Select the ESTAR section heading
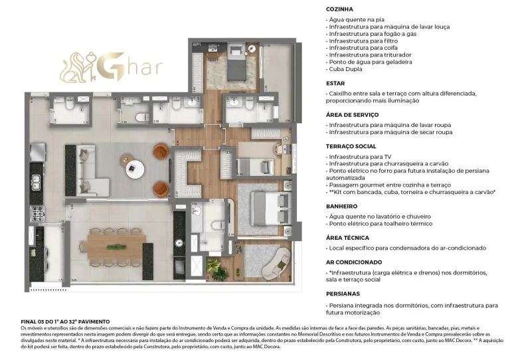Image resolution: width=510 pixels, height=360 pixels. pyautogui.click(x=335, y=84)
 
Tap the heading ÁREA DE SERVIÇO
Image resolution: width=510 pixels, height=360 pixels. pyautogui.click(x=352, y=115)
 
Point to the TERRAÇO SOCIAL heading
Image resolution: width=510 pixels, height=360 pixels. pyautogui.click(x=351, y=146)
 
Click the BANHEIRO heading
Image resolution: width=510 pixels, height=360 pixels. pyautogui.click(x=341, y=206)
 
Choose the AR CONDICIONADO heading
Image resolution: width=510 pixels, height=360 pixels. pyautogui.click(x=354, y=262)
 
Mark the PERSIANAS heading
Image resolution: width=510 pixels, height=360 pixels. pyautogui.click(x=343, y=293)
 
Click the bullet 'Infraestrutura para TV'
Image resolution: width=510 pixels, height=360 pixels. pyautogui.click(x=359, y=157)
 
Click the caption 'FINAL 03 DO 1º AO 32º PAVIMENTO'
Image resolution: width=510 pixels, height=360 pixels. pyautogui.click(x=66, y=321)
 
